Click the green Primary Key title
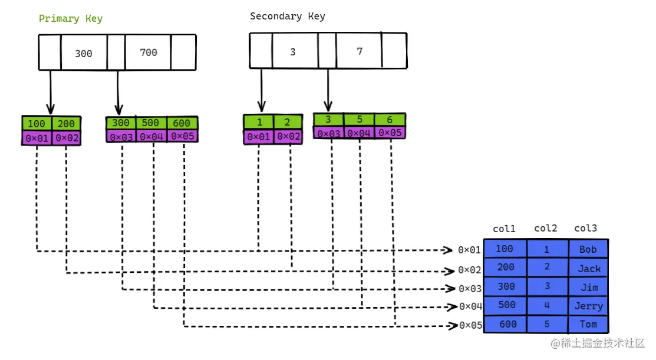71,19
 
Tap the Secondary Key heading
288,16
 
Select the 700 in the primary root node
149,52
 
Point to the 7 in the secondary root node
360,51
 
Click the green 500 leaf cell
151,123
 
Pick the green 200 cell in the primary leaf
66,124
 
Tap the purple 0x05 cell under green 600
182,136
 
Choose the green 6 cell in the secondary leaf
390,120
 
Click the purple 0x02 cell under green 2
288,136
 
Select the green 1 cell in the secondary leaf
259,122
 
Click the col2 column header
546,228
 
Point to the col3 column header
585,228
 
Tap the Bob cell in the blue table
588,249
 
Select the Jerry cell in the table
588,306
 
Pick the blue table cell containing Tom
588,325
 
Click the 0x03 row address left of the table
470,289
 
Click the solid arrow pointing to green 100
51,92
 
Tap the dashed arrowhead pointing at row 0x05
453,325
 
